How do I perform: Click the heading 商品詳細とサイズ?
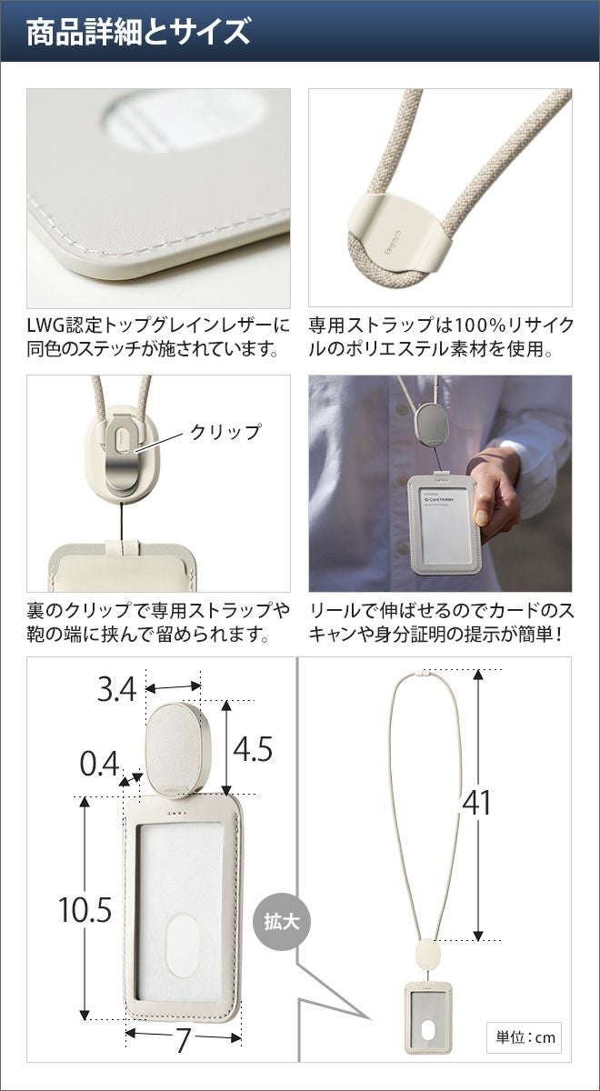(x=138, y=32)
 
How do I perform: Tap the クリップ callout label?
(x=225, y=432)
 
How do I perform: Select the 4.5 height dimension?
(x=253, y=749)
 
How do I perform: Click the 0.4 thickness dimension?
(x=99, y=764)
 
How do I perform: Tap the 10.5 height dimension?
(x=85, y=910)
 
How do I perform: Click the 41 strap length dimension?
(x=476, y=802)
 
